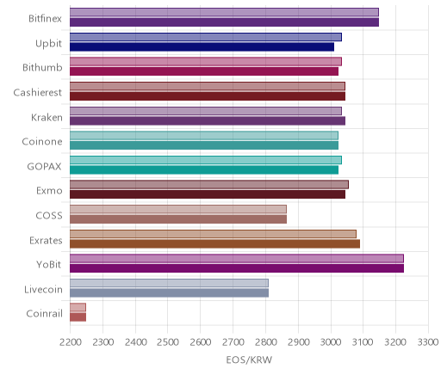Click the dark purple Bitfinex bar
(x=224, y=22)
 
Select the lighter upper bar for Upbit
(x=206, y=37)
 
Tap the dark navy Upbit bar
(x=202, y=46)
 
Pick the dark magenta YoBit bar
(x=237, y=268)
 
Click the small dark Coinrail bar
(x=78, y=317)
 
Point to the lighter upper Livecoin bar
(x=169, y=283)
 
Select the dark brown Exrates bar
(x=214, y=243)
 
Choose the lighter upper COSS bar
(x=178, y=209)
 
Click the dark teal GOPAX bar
(x=204, y=170)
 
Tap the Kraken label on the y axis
(x=47, y=117)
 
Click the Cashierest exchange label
(x=38, y=92)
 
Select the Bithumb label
(x=42, y=67)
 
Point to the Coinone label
(x=42, y=141)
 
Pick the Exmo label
(x=49, y=190)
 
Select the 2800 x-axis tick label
(x=265, y=341)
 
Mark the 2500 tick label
(x=168, y=341)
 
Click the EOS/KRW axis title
(x=249, y=360)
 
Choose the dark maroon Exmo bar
(x=208, y=194)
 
